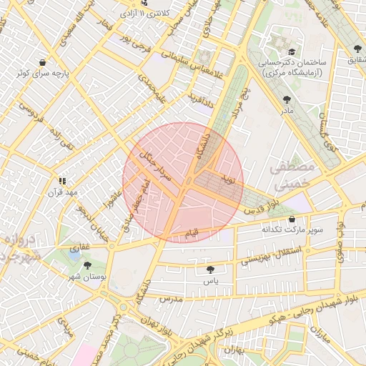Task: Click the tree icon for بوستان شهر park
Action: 87,265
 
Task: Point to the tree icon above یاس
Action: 209,269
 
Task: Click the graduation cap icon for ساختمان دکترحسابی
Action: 291,52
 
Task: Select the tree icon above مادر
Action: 287,100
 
